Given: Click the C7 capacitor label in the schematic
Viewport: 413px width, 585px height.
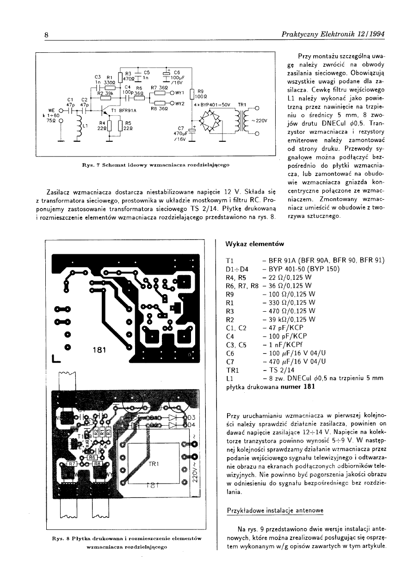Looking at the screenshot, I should [x=181, y=128].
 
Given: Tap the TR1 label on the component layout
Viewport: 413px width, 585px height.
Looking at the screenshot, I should [x=154, y=464].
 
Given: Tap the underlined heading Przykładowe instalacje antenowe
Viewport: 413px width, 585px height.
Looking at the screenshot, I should [x=276, y=510].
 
